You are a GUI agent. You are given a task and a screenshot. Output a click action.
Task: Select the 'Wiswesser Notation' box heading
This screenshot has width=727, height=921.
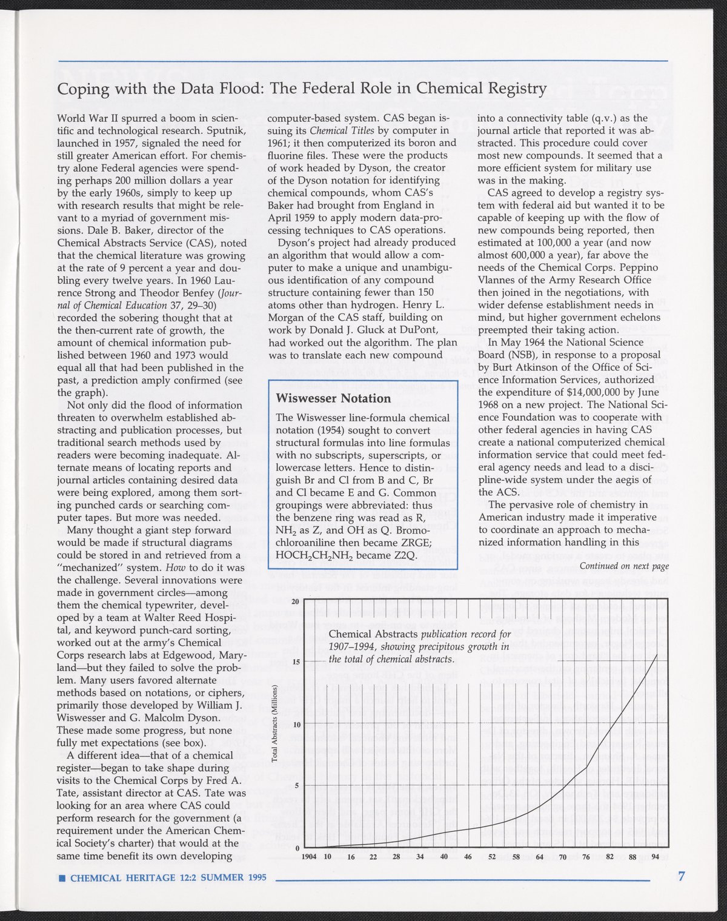333,398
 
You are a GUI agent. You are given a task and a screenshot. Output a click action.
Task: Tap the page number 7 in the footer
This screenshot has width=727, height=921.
682,876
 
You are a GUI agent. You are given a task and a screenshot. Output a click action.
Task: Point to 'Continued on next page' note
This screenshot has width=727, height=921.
624,566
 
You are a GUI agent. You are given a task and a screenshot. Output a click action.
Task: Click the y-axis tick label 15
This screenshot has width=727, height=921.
296,661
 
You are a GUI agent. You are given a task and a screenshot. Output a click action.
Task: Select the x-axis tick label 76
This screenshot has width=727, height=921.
586,856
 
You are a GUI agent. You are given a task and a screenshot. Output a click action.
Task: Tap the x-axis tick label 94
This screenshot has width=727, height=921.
656,856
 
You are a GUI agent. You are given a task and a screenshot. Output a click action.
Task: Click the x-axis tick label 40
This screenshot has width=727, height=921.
443,856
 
